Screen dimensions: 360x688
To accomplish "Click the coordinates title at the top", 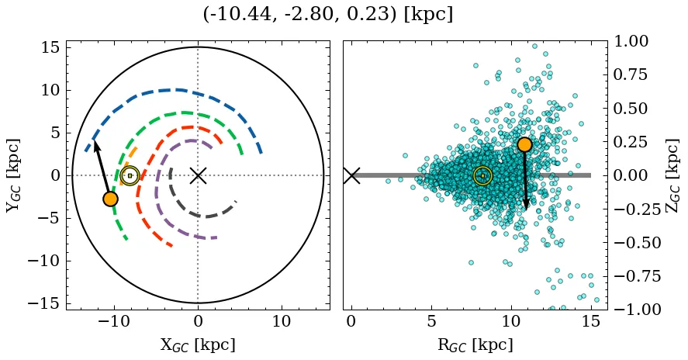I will pyautogui.click(x=327, y=15).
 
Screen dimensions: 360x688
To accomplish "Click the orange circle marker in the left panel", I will pyautogui.click(x=110, y=199).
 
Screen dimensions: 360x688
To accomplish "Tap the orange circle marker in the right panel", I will pyautogui.click(x=524, y=144).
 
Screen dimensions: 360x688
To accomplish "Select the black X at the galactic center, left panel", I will pyautogui.click(x=198, y=175).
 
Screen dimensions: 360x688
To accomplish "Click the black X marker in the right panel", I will pyautogui.click(x=351, y=175).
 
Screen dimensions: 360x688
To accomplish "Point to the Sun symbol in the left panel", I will pyautogui.click(x=130, y=176).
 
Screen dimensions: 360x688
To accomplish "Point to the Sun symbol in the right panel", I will pyautogui.click(x=482, y=176).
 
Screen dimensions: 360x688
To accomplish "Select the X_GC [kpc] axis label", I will pyautogui.click(x=198, y=345).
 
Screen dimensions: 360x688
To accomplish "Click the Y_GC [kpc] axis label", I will pyautogui.click(x=13, y=175).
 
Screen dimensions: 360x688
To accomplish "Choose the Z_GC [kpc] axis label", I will pyautogui.click(x=673, y=175).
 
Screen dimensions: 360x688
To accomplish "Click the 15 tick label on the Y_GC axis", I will pyautogui.click(x=50, y=47).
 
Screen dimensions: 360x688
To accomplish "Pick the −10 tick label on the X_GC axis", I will pyautogui.click(x=112, y=321).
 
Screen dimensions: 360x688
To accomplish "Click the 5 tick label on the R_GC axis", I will pyautogui.click(x=430, y=321).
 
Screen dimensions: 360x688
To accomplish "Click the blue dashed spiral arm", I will pyautogui.click(x=178, y=90).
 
